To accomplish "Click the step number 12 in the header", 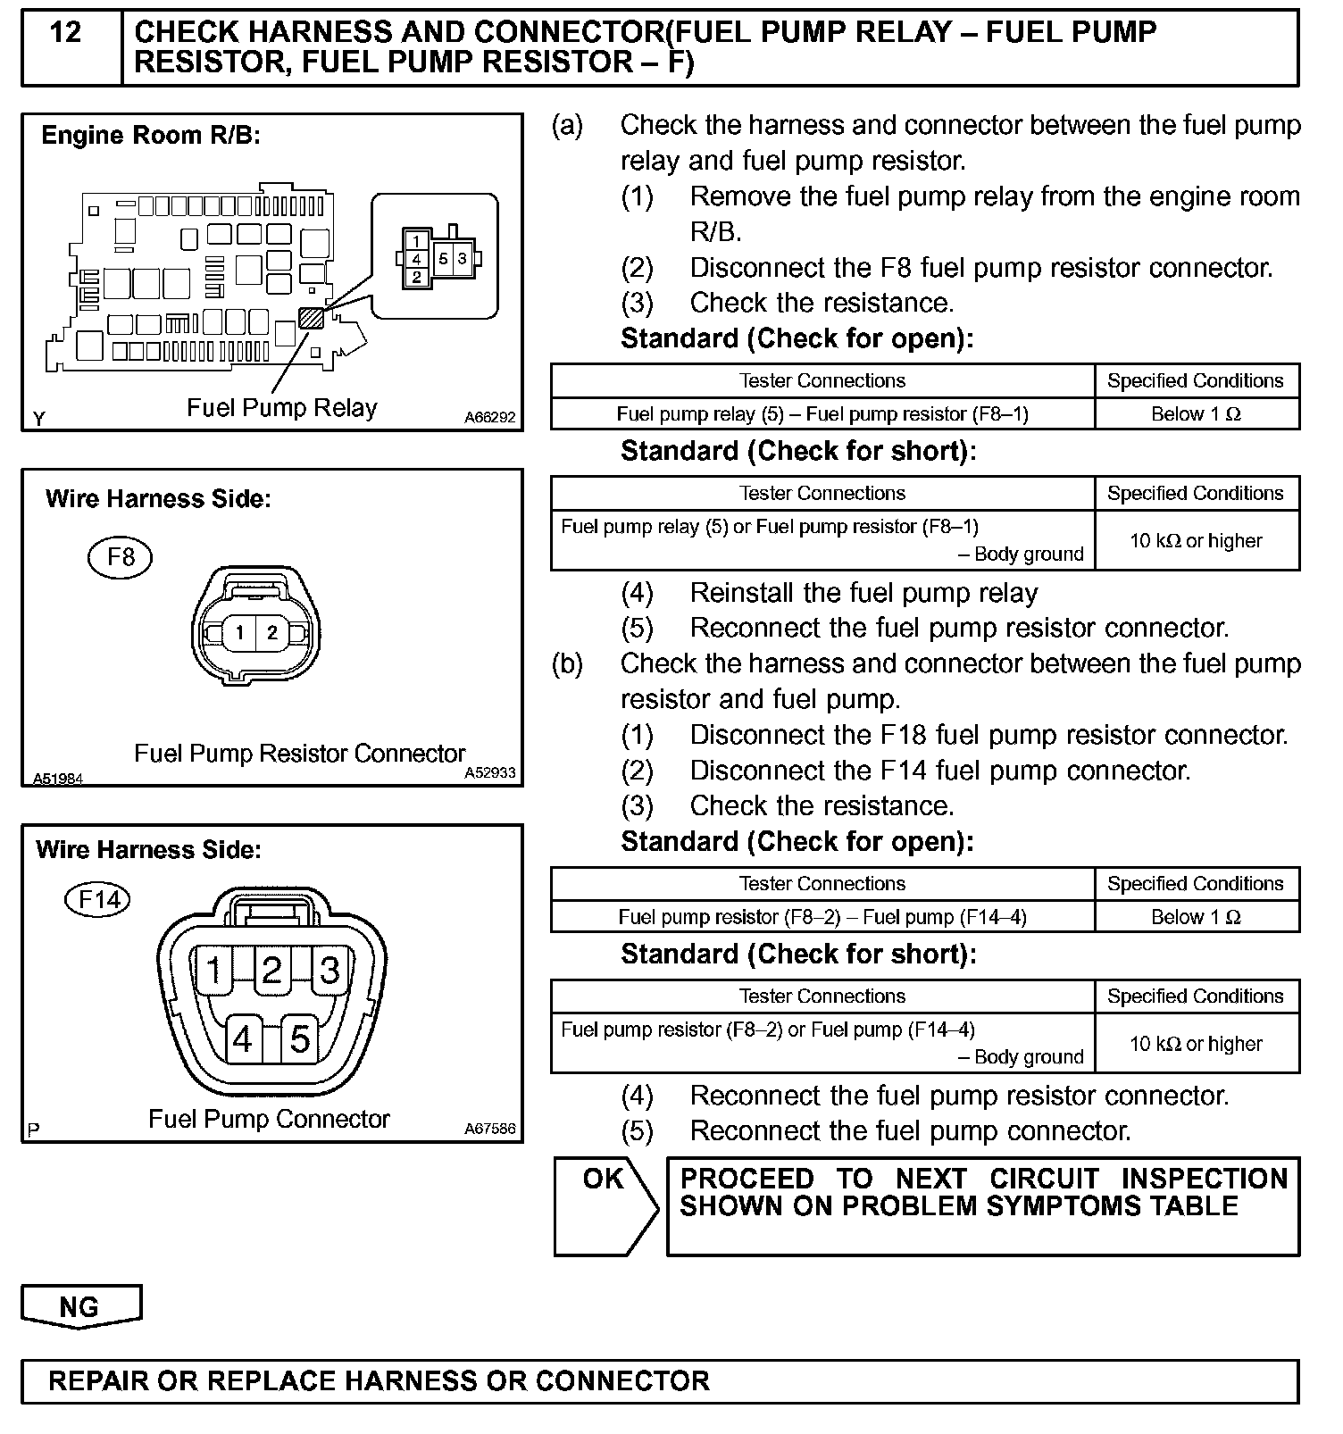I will point(66,33).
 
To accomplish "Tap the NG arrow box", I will point(79,1306).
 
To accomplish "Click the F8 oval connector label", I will point(121,557).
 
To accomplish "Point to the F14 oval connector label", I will point(98,898).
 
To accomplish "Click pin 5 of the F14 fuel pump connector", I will point(301,1039).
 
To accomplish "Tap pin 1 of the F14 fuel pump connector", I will point(214,970).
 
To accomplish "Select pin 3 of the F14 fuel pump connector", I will point(330,970).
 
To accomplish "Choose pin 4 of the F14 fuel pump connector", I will point(243,1039).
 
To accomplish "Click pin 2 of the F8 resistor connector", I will point(272,633).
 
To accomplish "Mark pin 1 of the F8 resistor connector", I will point(239,633).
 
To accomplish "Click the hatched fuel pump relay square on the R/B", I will point(311,317).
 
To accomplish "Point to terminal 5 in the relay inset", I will point(444,259).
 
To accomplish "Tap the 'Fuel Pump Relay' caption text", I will point(281,408).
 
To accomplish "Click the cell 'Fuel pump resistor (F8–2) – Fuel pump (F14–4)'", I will point(822,917).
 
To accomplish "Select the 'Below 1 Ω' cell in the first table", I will point(1196,414).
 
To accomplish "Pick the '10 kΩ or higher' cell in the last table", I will point(1196,1044).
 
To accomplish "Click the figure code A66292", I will point(489,418).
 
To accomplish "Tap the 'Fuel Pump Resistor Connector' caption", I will point(300,754).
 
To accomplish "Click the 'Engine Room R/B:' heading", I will point(151,136).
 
